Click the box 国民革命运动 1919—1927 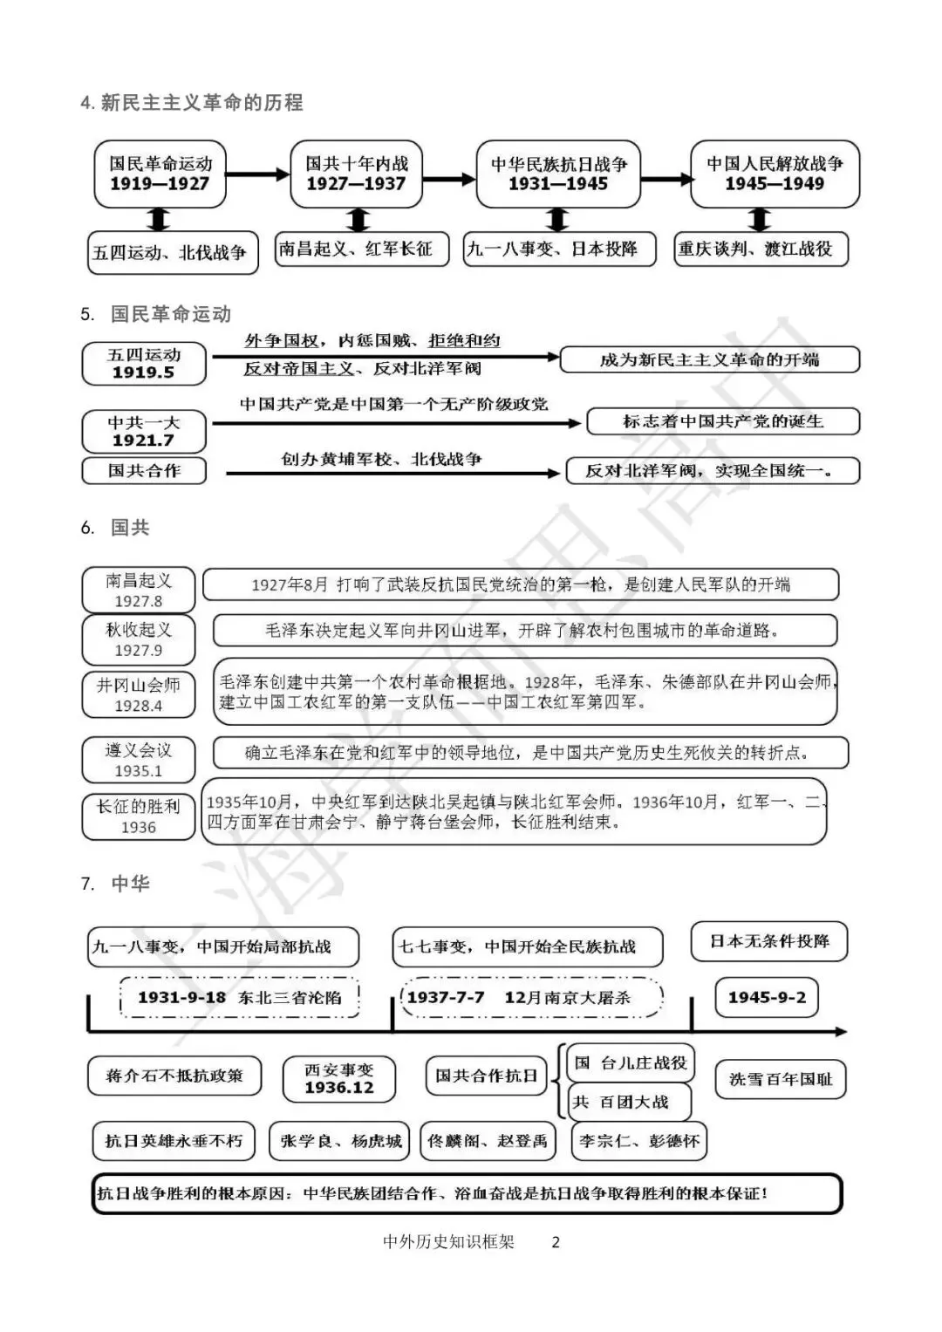pyautogui.click(x=160, y=174)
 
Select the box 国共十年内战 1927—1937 pyautogui.click(x=356, y=174)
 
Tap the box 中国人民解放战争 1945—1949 pyautogui.click(x=775, y=174)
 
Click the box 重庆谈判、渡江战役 pyautogui.click(x=760, y=249)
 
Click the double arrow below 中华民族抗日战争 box pyautogui.click(x=559, y=219)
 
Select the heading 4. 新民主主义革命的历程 pyautogui.click(x=192, y=103)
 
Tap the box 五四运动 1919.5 pyautogui.click(x=144, y=364)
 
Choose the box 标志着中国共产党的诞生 pyautogui.click(x=723, y=422)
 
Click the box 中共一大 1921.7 pyautogui.click(x=144, y=432)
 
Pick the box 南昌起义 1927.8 pyautogui.click(x=139, y=591)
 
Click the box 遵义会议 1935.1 pyautogui.click(x=139, y=760)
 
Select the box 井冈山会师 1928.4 pyautogui.click(x=139, y=694)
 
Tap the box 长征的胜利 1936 pyautogui.click(x=139, y=816)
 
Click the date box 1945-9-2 pyautogui.click(x=767, y=997)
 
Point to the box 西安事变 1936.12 pyautogui.click(x=338, y=1079)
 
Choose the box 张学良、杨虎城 pyautogui.click(x=341, y=1141)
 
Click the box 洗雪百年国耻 pyautogui.click(x=781, y=1079)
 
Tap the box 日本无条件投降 pyautogui.click(x=769, y=942)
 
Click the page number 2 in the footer pyautogui.click(x=556, y=1242)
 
